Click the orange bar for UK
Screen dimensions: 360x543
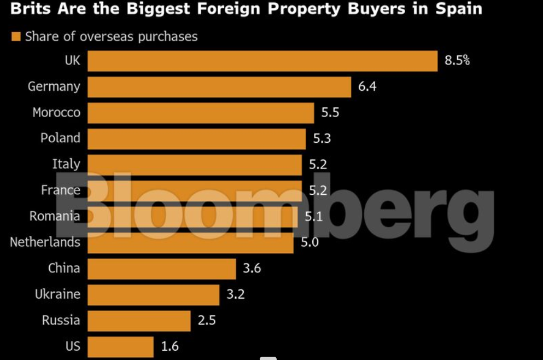point(262,61)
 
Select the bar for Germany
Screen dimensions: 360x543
point(219,86)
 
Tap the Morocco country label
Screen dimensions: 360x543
point(56,113)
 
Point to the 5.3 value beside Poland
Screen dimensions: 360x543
point(322,138)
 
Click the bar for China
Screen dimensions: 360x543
point(161,268)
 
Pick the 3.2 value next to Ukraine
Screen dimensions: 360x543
point(236,294)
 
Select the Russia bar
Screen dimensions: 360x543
point(139,321)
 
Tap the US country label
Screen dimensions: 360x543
point(73,346)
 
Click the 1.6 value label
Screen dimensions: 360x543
point(170,346)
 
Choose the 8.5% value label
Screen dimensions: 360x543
point(457,61)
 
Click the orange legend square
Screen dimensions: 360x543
point(15,37)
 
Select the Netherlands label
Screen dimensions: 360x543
point(45,242)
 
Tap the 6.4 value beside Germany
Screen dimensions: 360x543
point(367,86)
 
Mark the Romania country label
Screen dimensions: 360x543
point(55,216)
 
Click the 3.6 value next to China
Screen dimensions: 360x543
point(252,268)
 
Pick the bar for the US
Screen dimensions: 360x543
point(120,346)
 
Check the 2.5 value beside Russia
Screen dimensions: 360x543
point(207,321)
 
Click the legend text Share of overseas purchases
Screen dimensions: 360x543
point(111,37)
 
